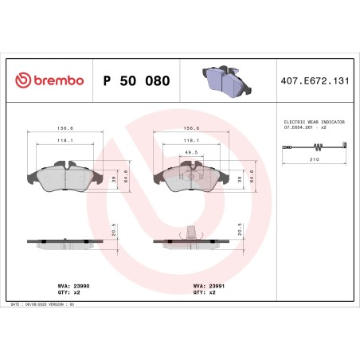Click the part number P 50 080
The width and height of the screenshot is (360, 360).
(136, 80)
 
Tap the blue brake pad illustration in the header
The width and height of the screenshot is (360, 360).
(222, 79)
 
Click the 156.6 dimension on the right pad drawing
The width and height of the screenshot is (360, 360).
(191, 126)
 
